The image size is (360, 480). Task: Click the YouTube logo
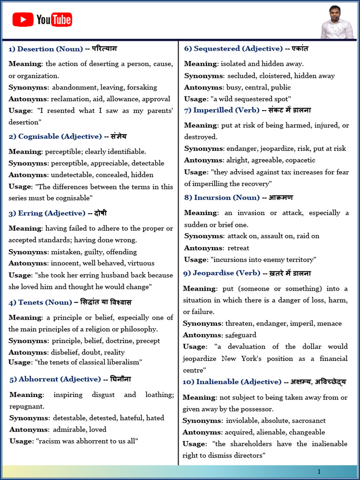pyautogui.click(x=42, y=20)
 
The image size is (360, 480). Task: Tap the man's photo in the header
pyautogui.click(x=336, y=22)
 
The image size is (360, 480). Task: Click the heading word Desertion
pyautogui.click(x=35, y=49)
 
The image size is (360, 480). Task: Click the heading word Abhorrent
pyautogui.click(x=39, y=379)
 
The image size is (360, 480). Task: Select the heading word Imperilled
pyautogui.click(x=213, y=110)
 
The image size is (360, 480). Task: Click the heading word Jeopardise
pyautogui.click(x=214, y=273)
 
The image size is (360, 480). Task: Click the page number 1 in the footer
pyautogui.click(x=319, y=472)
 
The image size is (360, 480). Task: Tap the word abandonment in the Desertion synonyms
pyautogui.click(x=71, y=87)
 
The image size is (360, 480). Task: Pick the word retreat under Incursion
pyautogui.click(x=238, y=248)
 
